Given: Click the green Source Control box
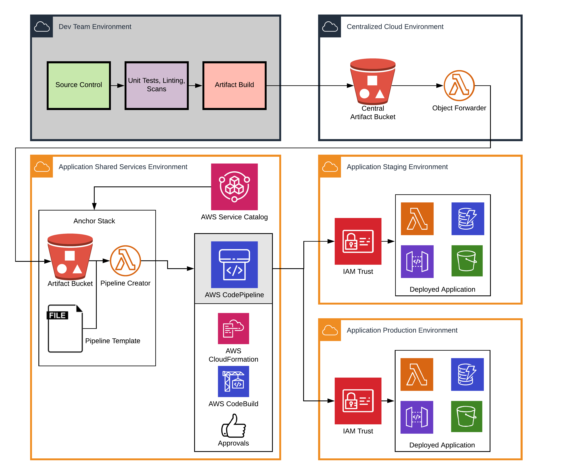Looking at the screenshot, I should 79,86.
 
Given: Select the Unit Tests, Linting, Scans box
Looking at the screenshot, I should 157,86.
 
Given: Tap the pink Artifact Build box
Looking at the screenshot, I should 234,86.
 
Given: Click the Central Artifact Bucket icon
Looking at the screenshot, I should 373,82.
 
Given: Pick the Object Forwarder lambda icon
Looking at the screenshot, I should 459,86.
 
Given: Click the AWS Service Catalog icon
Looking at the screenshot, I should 234,187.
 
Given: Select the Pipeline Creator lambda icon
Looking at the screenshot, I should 125,261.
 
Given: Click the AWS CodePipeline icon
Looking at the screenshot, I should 234,264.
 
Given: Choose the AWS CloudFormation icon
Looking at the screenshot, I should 233,328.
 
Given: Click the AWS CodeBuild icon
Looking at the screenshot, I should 233,381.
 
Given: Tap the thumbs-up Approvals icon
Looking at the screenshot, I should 233,426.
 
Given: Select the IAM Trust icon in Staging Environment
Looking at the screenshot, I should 358,241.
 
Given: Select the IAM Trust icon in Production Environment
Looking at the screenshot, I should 358,401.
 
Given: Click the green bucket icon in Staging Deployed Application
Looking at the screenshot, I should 467,261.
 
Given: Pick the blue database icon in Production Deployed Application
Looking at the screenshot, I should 467,374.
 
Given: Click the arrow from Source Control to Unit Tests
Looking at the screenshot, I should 117,86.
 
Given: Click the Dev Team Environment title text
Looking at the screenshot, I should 95,27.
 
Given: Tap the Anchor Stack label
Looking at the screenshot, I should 94,221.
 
